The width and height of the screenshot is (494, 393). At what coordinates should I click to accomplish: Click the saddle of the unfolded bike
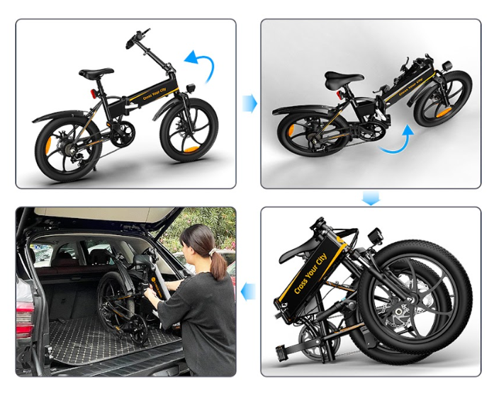(96, 73)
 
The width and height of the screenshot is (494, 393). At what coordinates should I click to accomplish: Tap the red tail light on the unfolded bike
(94, 93)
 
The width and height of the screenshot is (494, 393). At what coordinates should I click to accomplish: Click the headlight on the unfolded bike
(191, 88)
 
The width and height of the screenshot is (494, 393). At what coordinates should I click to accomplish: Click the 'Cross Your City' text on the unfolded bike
(155, 93)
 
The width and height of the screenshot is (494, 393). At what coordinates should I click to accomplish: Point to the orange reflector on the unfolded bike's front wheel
(191, 149)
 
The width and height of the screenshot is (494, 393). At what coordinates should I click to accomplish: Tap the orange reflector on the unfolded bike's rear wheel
(48, 145)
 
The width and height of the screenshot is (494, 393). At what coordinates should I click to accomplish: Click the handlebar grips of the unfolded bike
(137, 38)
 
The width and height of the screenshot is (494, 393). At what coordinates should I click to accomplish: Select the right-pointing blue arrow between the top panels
(249, 103)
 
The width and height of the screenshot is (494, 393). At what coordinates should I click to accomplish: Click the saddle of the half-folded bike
(344, 79)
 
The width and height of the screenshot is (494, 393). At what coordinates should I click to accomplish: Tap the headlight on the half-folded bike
(447, 66)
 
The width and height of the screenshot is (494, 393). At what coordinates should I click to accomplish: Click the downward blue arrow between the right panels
(371, 198)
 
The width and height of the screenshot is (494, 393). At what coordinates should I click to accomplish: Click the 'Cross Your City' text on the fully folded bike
(310, 273)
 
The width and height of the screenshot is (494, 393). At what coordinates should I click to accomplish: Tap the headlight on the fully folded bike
(375, 235)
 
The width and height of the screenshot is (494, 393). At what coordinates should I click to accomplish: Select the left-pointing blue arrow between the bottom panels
(248, 292)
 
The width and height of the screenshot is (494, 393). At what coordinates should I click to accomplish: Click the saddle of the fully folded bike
(298, 249)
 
